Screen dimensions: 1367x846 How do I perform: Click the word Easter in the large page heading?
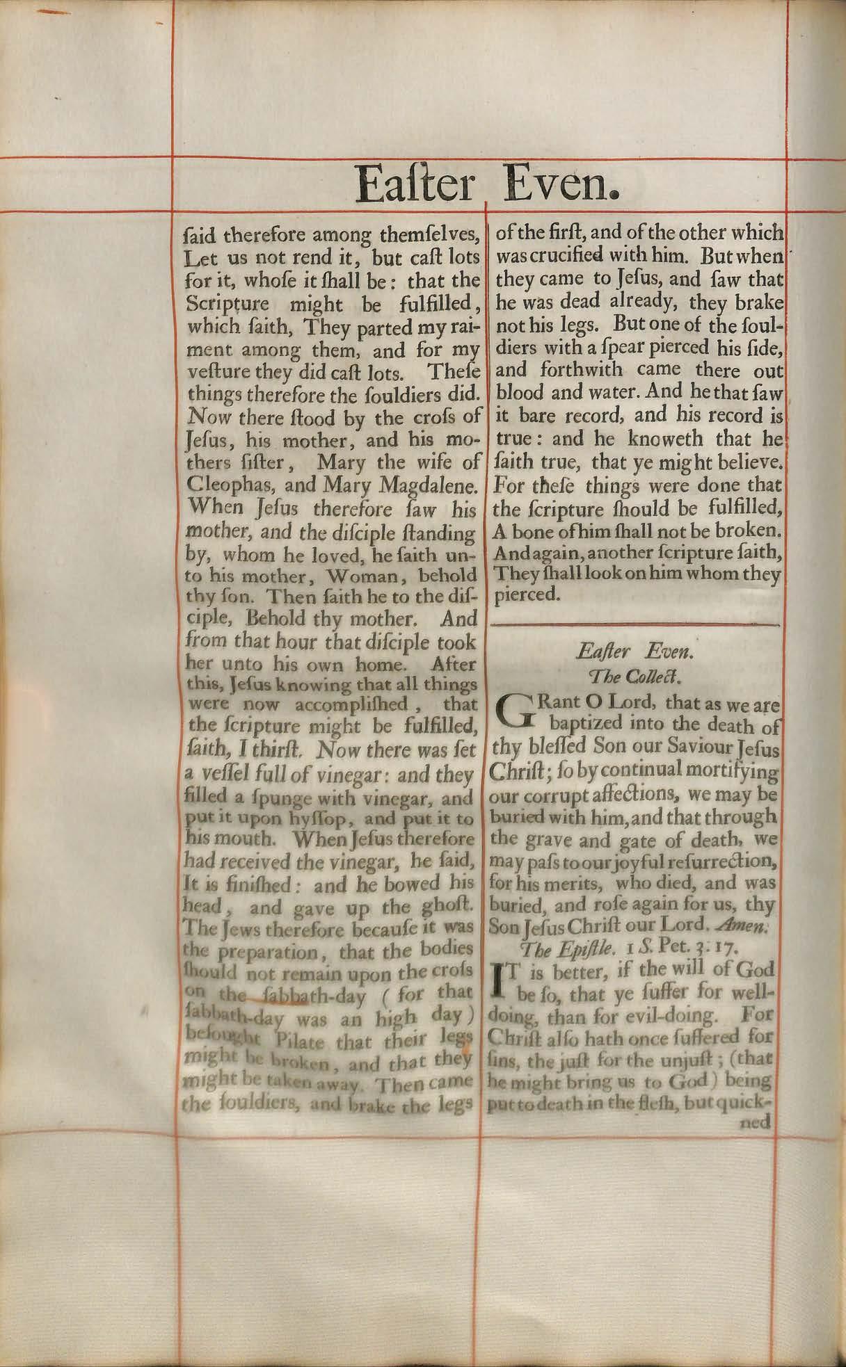(x=414, y=185)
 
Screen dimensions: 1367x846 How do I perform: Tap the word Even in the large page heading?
(x=561, y=185)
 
